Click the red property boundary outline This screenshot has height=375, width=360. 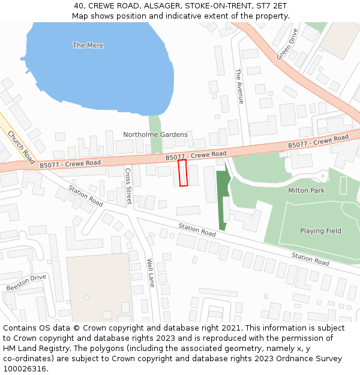(183, 173)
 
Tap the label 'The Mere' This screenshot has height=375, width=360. (88, 46)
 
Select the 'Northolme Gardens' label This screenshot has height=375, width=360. (155, 134)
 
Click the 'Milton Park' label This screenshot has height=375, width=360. (306, 190)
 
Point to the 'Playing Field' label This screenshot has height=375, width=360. (320, 231)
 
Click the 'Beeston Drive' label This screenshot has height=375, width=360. (26, 283)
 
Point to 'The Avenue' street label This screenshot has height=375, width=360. (239, 86)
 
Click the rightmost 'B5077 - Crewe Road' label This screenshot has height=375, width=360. (318, 142)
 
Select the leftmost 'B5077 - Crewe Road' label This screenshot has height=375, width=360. (70, 163)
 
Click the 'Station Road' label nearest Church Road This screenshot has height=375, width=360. (85, 196)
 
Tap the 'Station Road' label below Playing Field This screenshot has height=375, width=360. (310, 259)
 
